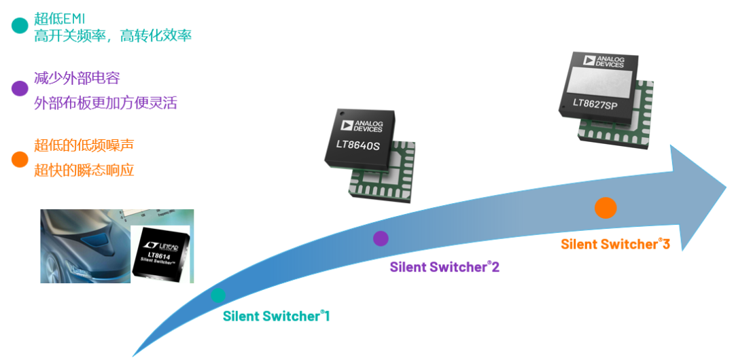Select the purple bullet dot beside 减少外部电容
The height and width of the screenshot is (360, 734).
coord(20,88)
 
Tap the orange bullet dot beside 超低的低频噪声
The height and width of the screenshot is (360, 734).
coord(20,160)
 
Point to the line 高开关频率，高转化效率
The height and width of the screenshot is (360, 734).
coord(113,36)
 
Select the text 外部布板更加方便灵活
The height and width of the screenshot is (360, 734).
coord(105,103)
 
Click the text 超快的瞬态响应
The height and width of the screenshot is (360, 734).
coord(84,170)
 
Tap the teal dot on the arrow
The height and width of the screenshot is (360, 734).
coord(218,295)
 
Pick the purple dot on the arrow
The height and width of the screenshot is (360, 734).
coord(381,238)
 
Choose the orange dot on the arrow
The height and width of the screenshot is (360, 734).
coord(605,207)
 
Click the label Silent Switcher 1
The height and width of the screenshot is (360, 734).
coord(276,316)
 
